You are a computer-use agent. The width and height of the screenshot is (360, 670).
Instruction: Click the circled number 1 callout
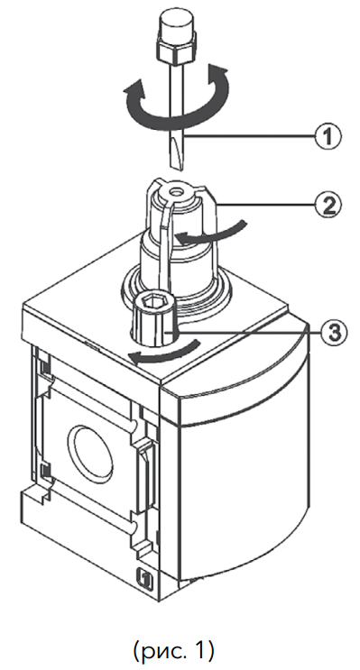click(x=328, y=137)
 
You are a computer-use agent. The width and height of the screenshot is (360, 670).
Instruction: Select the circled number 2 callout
click(x=328, y=206)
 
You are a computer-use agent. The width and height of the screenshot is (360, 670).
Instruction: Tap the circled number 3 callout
click(x=334, y=332)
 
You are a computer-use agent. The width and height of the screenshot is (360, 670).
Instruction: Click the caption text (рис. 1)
click(x=173, y=650)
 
